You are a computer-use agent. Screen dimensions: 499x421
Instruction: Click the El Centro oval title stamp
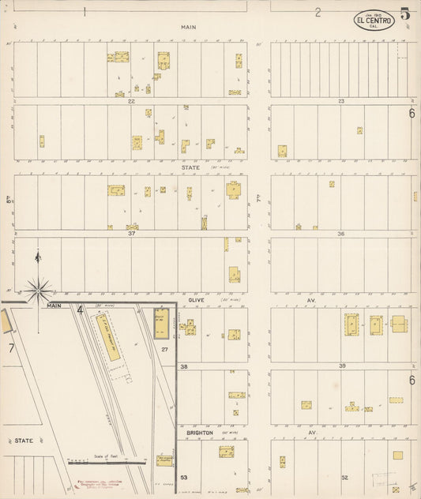(x=374, y=21)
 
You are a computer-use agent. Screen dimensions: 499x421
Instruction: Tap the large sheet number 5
(x=404, y=13)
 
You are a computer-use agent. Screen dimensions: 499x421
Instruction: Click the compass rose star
(x=37, y=291)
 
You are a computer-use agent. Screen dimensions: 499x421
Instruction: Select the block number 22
(x=132, y=101)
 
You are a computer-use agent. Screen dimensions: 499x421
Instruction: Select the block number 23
(x=341, y=101)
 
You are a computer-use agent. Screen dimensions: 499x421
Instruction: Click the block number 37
(x=132, y=234)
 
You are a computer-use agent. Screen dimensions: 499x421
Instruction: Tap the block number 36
(x=341, y=234)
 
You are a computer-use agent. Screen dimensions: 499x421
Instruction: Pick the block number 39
(x=341, y=366)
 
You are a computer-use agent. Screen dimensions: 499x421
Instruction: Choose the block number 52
(x=345, y=478)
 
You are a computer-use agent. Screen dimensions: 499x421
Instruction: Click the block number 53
(x=184, y=478)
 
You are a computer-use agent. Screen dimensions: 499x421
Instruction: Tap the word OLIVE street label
(x=197, y=300)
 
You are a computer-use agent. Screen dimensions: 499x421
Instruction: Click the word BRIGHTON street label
(x=199, y=433)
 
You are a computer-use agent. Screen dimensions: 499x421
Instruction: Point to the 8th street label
(x=9, y=201)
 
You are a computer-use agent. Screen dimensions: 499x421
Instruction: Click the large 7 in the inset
(x=11, y=347)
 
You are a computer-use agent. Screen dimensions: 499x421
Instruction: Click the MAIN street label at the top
(x=188, y=27)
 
